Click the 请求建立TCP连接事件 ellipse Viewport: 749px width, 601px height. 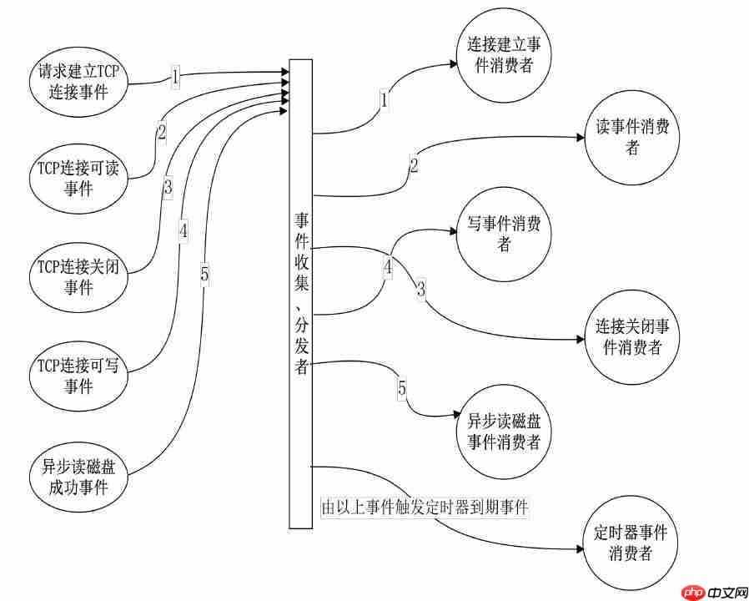(78, 81)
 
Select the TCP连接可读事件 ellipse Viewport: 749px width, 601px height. (78, 178)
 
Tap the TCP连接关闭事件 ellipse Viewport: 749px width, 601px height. (78, 277)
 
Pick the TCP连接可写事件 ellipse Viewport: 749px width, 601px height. (78, 376)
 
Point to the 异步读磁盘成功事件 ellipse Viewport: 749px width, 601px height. (78, 474)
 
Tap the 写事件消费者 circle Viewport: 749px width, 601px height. (503, 235)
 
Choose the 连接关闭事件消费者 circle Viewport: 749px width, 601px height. (631, 336)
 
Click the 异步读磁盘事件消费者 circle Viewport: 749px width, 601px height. (503, 431)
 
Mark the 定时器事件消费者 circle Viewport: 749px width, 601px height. (631, 542)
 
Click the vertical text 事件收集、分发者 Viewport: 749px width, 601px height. (301, 292)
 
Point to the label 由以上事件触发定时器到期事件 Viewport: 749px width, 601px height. (425, 508)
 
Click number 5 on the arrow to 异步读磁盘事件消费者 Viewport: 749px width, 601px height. (402, 388)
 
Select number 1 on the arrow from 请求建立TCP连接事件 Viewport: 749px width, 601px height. (175, 77)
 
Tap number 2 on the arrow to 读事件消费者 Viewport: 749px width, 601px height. (414, 164)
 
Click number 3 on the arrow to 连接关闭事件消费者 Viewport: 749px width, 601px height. (421, 290)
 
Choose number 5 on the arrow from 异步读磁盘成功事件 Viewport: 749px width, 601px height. (204, 273)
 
